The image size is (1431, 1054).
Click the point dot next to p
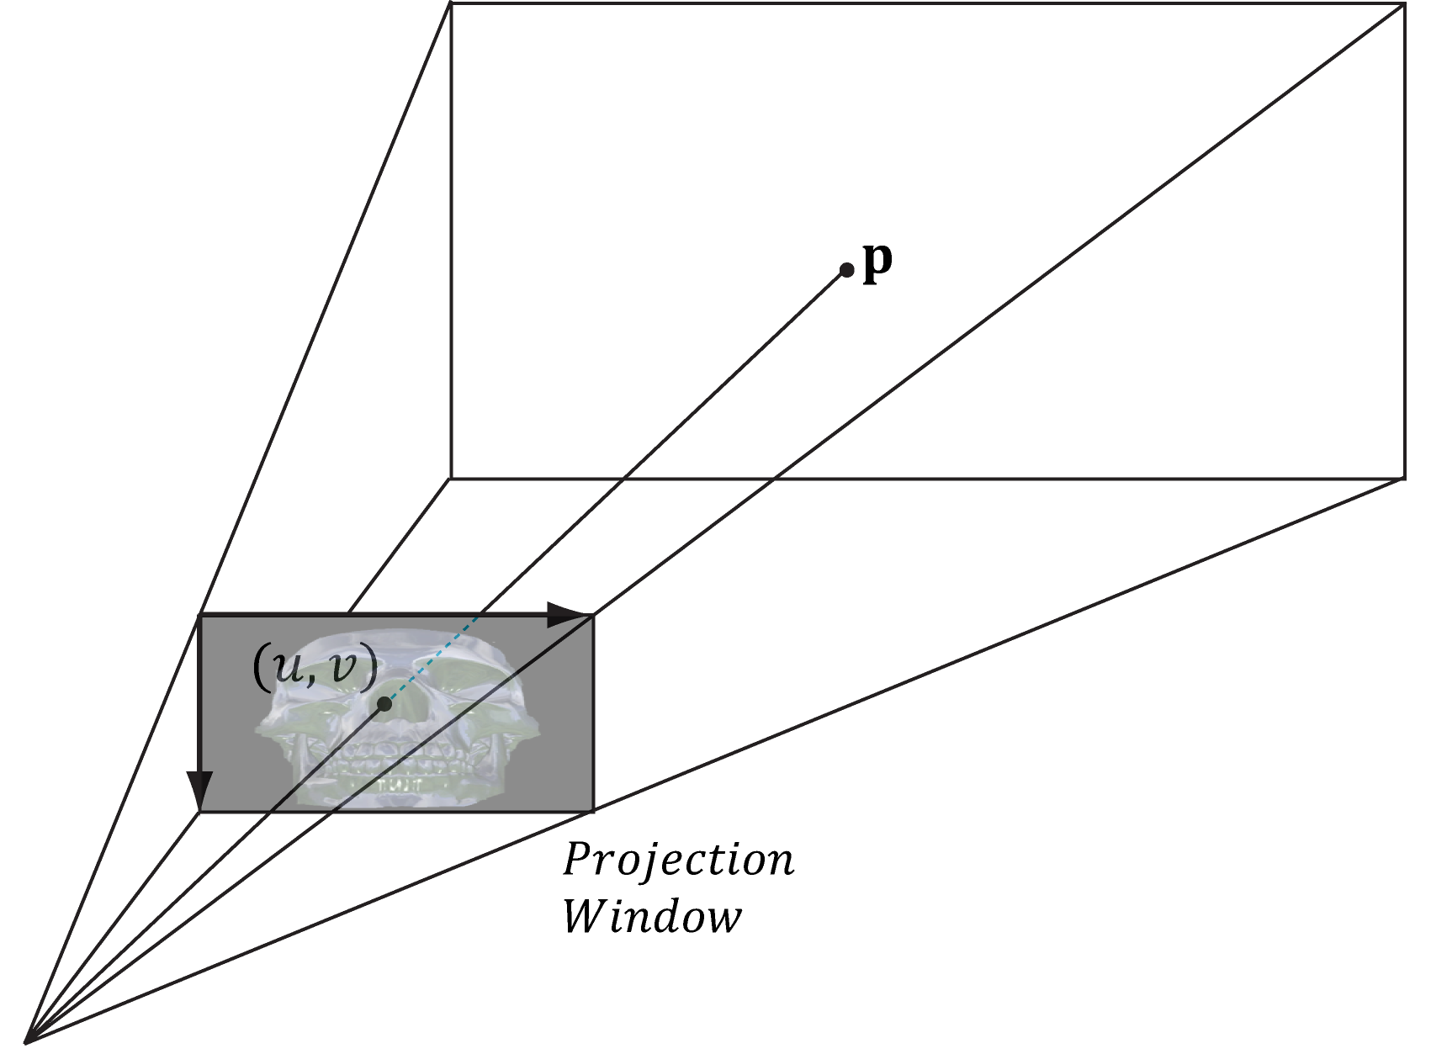(x=846, y=270)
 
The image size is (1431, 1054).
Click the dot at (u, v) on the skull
(x=384, y=704)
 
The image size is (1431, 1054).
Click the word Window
(x=652, y=916)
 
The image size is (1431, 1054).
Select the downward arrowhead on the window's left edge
(x=199, y=791)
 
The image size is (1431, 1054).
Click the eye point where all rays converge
(x=27, y=1041)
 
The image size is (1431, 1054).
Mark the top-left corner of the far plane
(x=451, y=4)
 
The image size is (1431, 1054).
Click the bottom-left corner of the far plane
(x=451, y=479)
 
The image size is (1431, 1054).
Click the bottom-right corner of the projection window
(x=593, y=811)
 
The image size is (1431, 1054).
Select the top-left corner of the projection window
(x=199, y=616)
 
